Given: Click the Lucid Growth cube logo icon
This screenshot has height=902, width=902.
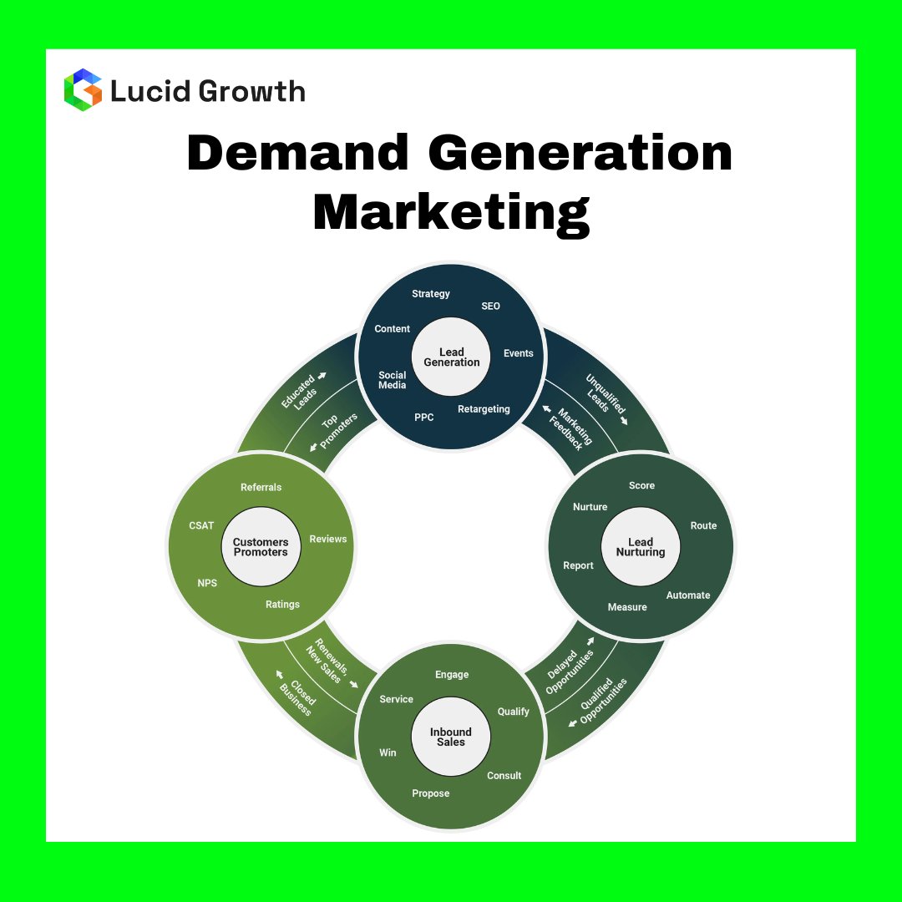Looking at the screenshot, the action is click(83, 89).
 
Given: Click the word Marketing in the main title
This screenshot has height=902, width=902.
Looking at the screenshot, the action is click(451, 213).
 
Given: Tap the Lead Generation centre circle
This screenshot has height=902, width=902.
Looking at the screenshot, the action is click(451, 357).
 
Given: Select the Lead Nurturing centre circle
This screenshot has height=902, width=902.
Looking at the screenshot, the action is click(641, 547).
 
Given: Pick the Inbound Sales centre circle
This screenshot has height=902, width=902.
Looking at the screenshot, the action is click(451, 737).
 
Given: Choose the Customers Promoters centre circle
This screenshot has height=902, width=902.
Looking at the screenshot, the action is click(261, 547).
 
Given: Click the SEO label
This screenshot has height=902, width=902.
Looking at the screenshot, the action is click(490, 307).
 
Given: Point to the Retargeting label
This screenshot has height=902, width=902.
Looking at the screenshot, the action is click(484, 409).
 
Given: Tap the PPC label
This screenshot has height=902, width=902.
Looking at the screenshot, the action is click(424, 417).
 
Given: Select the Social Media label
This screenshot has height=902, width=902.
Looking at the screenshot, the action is click(393, 380).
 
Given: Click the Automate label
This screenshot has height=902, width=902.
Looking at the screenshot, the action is click(688, 595).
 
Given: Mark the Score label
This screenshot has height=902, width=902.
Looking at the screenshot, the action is click(641, 485).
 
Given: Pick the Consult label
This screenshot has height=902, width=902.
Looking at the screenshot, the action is click(504, 776).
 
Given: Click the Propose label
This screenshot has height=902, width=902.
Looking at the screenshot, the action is click(431, 793).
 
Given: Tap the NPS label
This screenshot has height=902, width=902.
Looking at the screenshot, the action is click(207, 583).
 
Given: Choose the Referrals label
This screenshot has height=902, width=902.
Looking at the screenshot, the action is click(261, 487).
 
